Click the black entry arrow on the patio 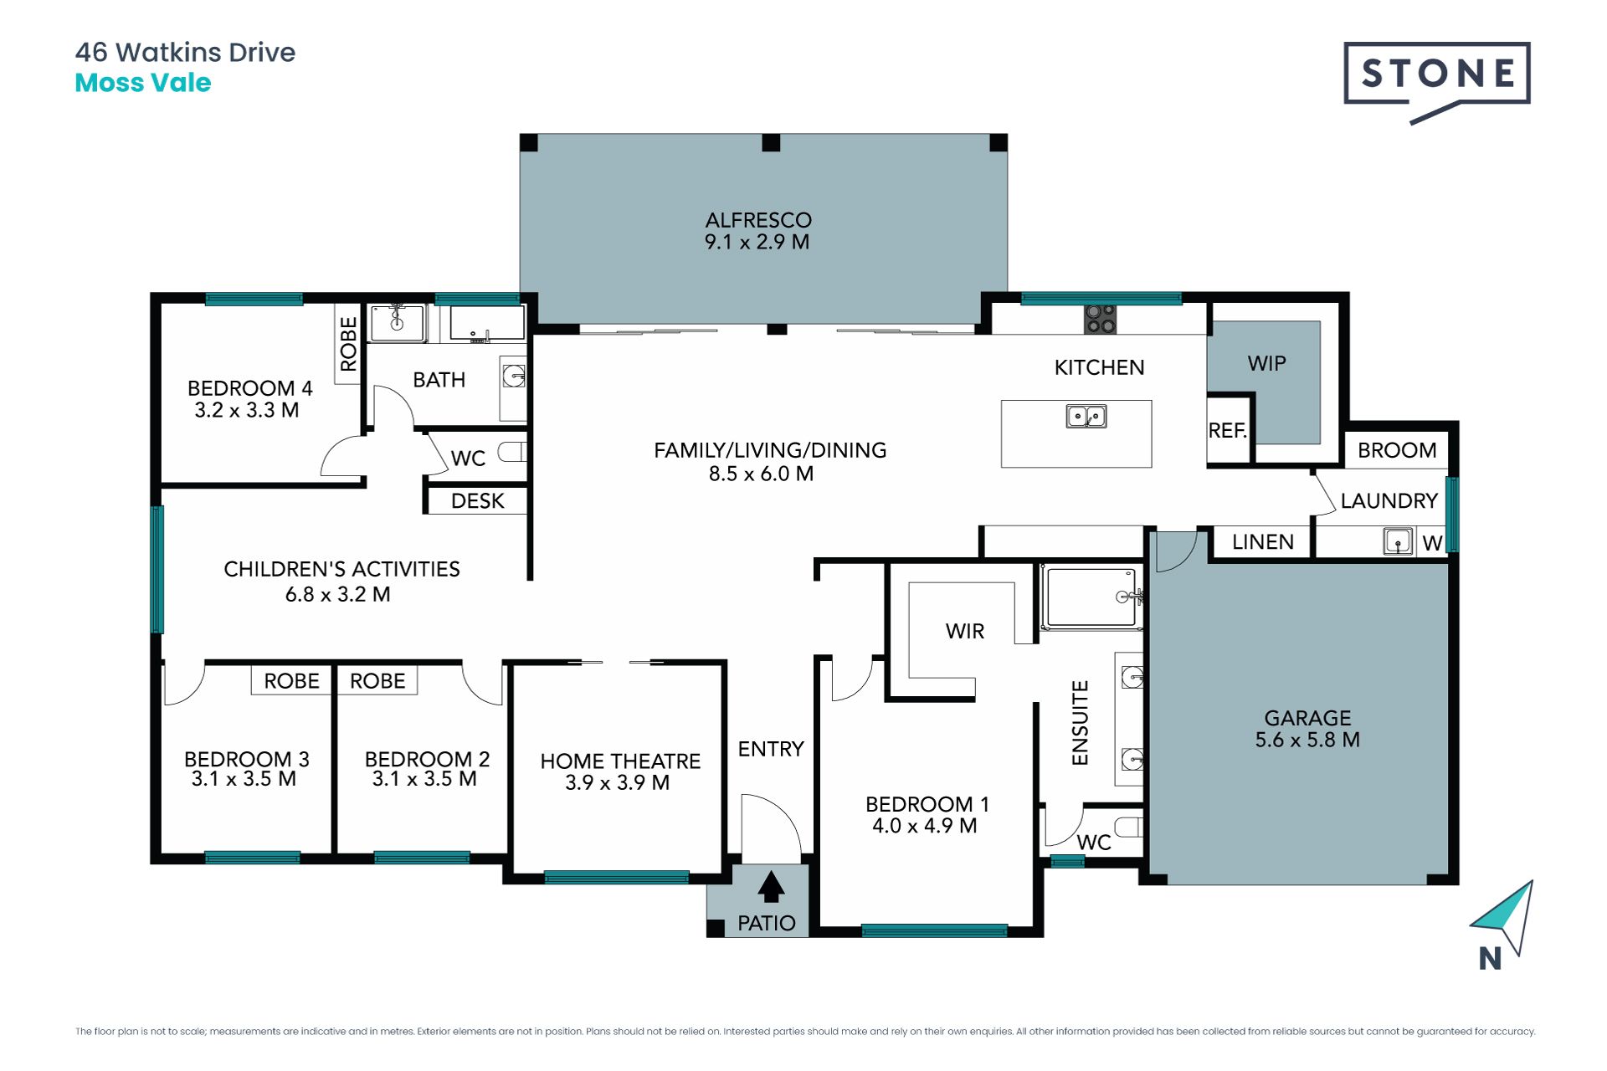(771, 886)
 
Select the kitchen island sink (1086, 416)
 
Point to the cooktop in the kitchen (1100, 319)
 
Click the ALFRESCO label (758, 220)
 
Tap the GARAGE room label (1307, 718)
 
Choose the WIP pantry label (1266, 363)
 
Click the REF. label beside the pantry (1228, 430)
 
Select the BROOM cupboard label (1397, 450)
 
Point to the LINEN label (1263, 542)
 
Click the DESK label (478, 501)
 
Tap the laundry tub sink (1398, 541)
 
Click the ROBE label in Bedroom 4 (348, 344)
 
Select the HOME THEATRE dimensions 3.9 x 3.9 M (617, 783)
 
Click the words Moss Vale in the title (143, 83)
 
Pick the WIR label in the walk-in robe (965, 632)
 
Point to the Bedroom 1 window (934, 930)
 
